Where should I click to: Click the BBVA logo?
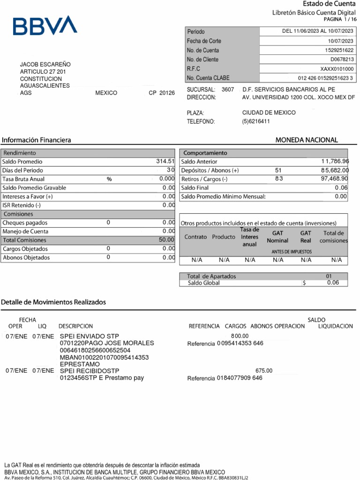click(x=45, y=26)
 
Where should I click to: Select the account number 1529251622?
click(x=339, y=50)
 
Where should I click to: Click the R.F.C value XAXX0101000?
click(x=337, y=69)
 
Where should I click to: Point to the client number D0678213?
click(x=342, y=60)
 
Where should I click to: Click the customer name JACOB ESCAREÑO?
click(x=45, y=64)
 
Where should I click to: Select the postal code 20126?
click(x=167, y=93)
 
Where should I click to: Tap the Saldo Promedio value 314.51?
click(x=165, y=161)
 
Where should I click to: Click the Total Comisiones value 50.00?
click(x=166, y=240)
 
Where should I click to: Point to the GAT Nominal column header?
click(x=277, y=237)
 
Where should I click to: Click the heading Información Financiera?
click(x=36, y=140)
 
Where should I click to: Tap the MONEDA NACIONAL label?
click(x=307, y=140)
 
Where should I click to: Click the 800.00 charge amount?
click(x=240, y=336)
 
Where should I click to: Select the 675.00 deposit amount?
click(x=263, y=370)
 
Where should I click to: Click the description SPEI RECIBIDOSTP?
click(x=90, y=371)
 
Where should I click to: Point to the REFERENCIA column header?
click(x=204, y=326)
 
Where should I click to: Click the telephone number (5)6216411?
click(x=256, y=121)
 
